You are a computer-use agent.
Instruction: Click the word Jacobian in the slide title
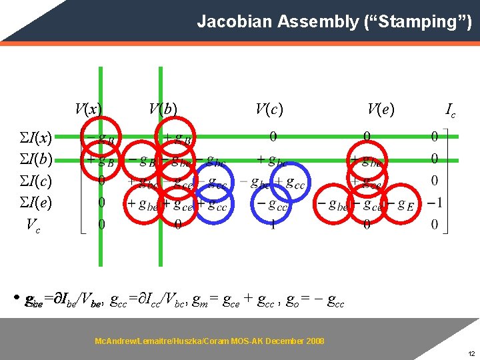click(x=227, y=22)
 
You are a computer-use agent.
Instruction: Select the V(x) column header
click(x=89, y=109)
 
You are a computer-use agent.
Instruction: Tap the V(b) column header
click(x=163, y=109)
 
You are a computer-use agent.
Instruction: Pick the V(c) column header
click(x=269, y=109)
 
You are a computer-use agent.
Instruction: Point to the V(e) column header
click(x=381, y=109)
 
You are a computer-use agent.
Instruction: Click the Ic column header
click(x=451, y=110)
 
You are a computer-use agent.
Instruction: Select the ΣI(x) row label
click(x=34, y=138)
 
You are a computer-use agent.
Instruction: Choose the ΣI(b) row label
click(x=34, y=159)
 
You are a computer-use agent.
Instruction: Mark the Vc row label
click(x=32, y=225)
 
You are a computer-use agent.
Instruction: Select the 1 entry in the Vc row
click(x=273, y=225)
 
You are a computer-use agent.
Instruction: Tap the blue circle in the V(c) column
click(x=275, y=203)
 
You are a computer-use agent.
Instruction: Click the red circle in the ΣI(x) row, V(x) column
click(x=101, y=137)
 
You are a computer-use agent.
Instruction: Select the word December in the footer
click(x=282, y=341)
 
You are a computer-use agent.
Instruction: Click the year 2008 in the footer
click(x=315, y=341)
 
